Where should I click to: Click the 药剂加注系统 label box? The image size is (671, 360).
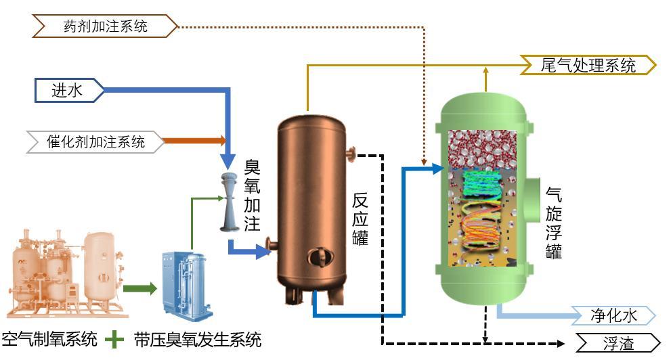pos(106,26)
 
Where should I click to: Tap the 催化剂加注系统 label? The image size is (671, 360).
pos(95,141)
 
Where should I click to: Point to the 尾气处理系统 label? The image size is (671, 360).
pos(588,65)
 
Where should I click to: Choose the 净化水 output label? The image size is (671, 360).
pos(613,315)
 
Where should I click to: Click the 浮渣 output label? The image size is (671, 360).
pos(617,343)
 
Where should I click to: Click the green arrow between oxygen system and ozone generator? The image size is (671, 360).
pos(139,290)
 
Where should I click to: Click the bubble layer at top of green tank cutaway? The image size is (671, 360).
pos(482,148)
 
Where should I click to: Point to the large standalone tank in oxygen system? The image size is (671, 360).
pos(100,261)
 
